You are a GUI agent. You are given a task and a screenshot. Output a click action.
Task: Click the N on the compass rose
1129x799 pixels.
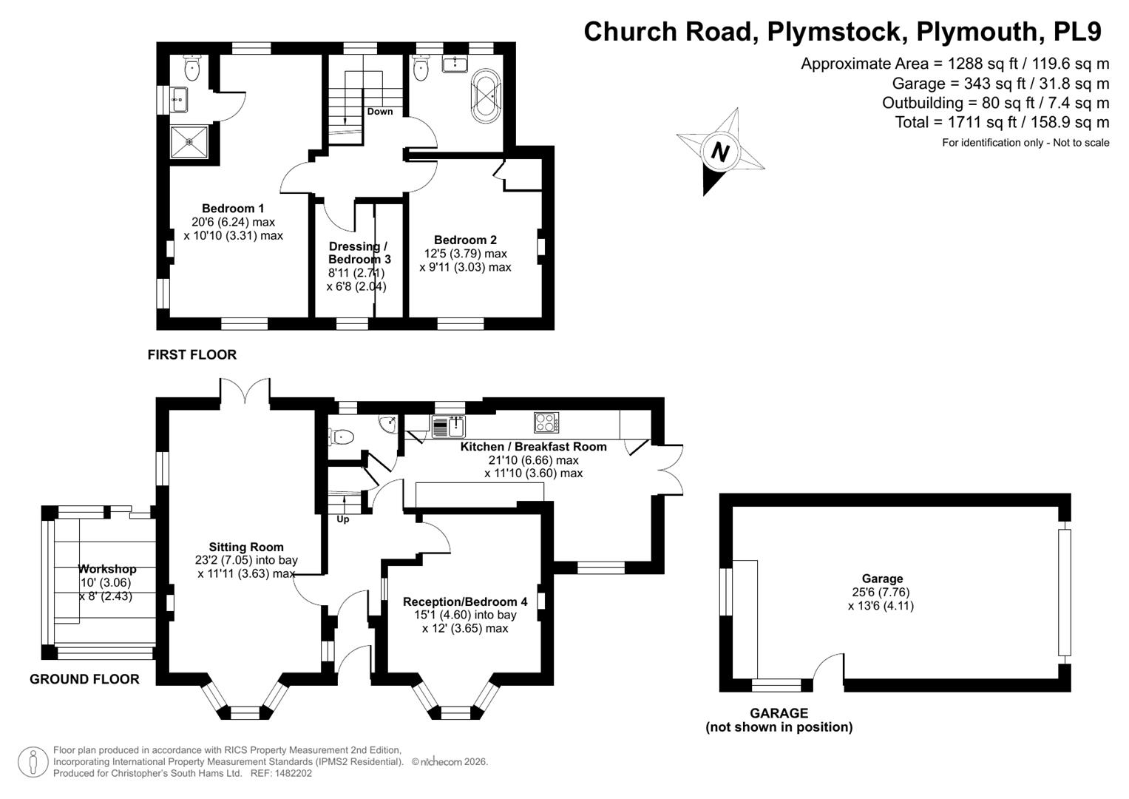click(720, 152)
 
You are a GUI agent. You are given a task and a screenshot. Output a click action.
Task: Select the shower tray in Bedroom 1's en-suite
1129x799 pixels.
click(189, 142)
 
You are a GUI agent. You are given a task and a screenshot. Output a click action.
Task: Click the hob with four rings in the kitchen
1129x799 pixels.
click(546, 422)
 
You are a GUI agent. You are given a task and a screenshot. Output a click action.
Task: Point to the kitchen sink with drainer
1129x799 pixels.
click(449, 426)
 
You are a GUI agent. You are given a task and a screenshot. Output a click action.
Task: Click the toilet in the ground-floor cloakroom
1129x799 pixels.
click(342, 436)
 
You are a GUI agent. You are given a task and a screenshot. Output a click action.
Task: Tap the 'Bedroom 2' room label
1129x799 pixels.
click(465, 240)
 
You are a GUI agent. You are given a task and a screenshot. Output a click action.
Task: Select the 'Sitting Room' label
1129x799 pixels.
click(246, 547)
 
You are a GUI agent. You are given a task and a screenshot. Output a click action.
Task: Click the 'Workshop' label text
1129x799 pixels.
click(107, 569)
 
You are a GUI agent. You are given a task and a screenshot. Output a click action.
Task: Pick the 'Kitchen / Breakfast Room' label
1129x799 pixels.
click(533, 446)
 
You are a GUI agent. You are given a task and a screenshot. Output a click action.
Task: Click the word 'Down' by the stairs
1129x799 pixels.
click(379, 112)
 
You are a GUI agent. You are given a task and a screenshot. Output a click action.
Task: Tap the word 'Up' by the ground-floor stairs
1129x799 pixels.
click(343, 519)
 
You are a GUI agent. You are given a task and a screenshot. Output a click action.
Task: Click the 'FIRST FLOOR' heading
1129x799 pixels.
click(192, 354)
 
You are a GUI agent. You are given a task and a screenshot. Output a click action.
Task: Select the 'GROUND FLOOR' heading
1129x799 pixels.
click(84, 679)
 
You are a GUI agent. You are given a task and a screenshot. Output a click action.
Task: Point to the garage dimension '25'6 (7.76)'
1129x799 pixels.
click(881, 592)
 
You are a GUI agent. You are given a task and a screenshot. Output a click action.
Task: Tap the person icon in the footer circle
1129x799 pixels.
click(33, 762)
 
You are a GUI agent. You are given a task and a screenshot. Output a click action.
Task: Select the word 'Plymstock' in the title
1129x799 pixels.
click(834, 31)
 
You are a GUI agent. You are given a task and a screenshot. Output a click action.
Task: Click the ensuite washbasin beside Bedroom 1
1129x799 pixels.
click(178, 99)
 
